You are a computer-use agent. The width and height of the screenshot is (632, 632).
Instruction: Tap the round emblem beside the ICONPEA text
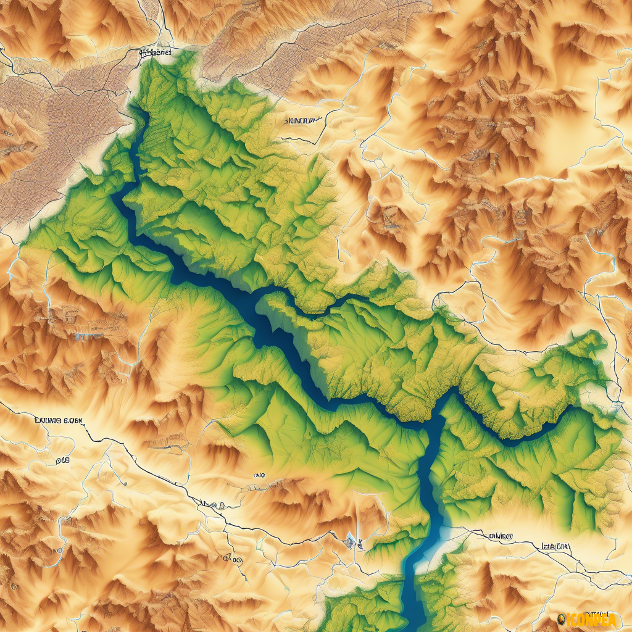pyautogui.click(x=560, y=618)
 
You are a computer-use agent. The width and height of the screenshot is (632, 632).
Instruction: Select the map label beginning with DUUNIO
pyautogui.click(x=59, y=421)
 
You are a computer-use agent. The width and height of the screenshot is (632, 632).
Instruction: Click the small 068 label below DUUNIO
pyautogui.click(x=62, y=460)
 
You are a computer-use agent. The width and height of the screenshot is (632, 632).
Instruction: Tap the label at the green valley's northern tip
pyautogui.click(x=155, y=54)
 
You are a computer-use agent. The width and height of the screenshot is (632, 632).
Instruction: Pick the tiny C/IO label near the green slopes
pyautogui.click(x=259, y=476)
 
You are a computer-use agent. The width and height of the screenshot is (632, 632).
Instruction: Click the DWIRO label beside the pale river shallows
pyautogui.click(x=501, y=537)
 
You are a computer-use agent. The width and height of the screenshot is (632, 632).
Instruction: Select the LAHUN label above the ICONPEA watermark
pyautogui.click(x=555, y=546)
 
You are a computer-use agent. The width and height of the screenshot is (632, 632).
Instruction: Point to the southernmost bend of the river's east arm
pyautogui.click(x=512, y=441)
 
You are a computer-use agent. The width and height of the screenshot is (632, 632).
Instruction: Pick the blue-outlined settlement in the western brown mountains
pyautogui.click(x=80, y=336)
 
